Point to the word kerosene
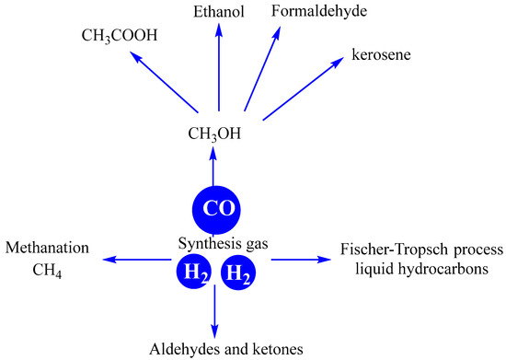coord(380,55)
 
